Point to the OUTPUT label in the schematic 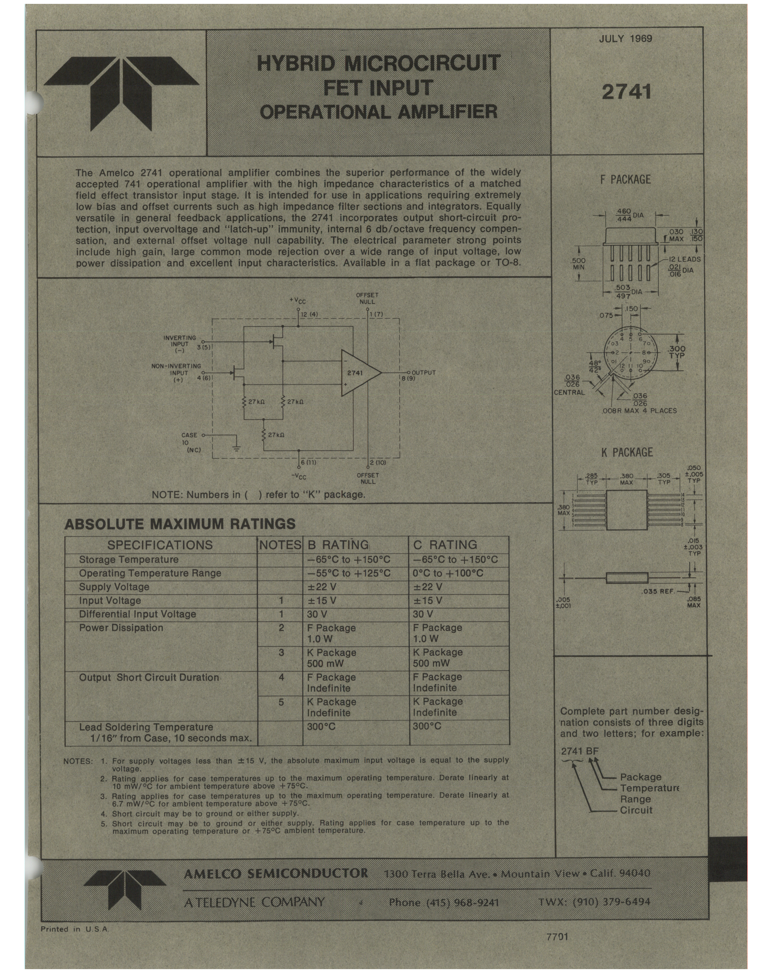tap(423, 372)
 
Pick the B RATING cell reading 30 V tap(317, 614)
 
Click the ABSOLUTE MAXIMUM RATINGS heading tap(180, 524)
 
